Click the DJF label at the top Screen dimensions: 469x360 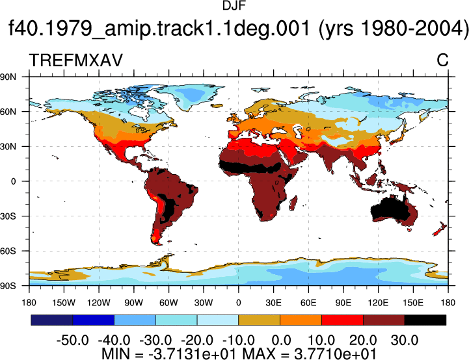click(234, 6)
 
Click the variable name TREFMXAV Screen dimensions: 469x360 click(75, 60)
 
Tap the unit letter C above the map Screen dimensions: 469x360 click(442, 60)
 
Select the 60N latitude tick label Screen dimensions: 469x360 click(8, 112)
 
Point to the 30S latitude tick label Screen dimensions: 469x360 click(8, 216)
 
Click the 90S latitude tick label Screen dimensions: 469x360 click(8, 286)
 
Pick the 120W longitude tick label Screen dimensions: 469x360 click(99, 303)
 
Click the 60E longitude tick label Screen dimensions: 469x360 click(308, 303)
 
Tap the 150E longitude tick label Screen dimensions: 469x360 click(413, 303)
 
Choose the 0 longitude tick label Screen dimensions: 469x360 click(238, 303)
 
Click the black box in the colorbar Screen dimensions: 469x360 click(425, 320)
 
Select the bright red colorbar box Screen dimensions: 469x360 click(342, 320)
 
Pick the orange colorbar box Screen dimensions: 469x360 click(301, 320)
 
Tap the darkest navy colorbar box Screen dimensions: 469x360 click(52, 320)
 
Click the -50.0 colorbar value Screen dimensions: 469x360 click(73, 340)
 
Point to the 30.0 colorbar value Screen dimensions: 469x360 click(405, 340)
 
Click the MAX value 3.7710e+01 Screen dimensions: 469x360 click(335, 354)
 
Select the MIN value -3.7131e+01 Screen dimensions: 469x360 click(192, 354)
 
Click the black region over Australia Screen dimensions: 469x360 click(390, 211)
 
